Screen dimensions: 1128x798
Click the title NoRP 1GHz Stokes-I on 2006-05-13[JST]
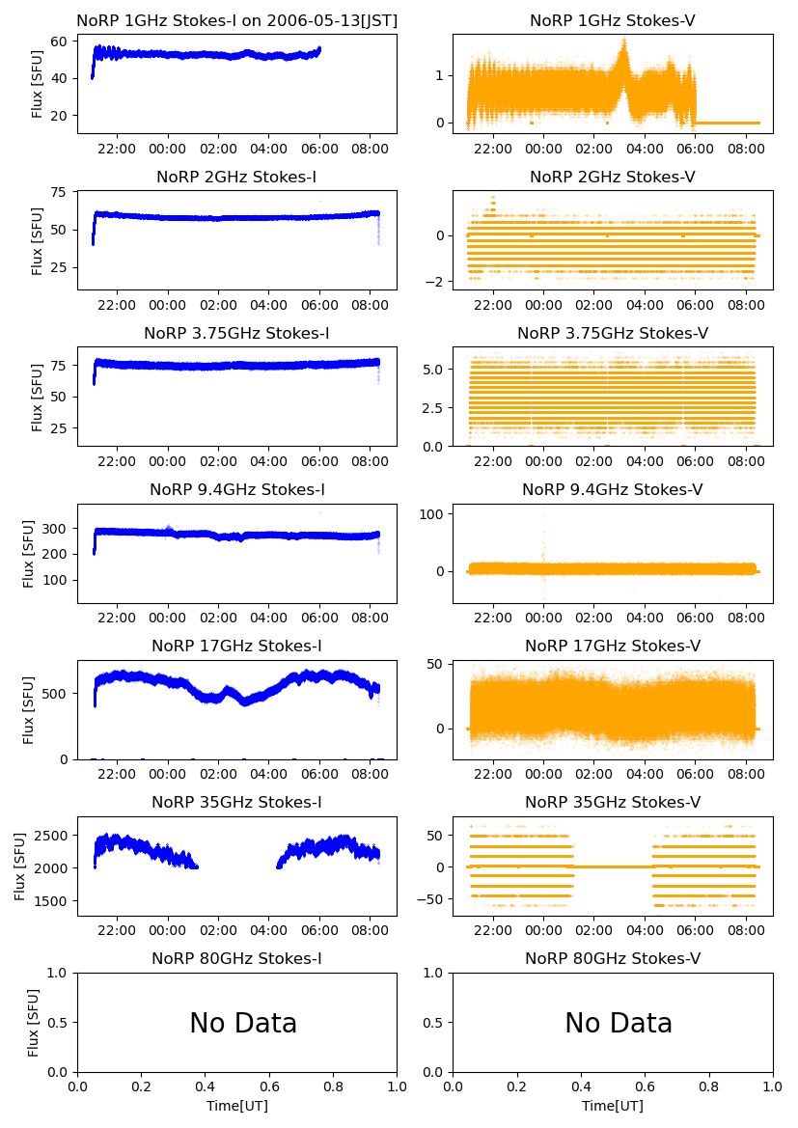coord(237,21)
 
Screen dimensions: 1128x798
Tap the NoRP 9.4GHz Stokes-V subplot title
coord(613,490)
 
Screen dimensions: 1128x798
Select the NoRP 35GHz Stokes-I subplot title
coord(237,803)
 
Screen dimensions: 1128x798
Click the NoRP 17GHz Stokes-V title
coord(613,647)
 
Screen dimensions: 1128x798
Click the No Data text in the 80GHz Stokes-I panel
coord(243,1024)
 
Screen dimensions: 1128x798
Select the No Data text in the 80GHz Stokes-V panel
coord(619,1024)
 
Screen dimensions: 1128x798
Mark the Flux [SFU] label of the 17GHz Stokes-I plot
coord(29,710)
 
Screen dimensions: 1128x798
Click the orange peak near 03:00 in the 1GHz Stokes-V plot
coord(624,41)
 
